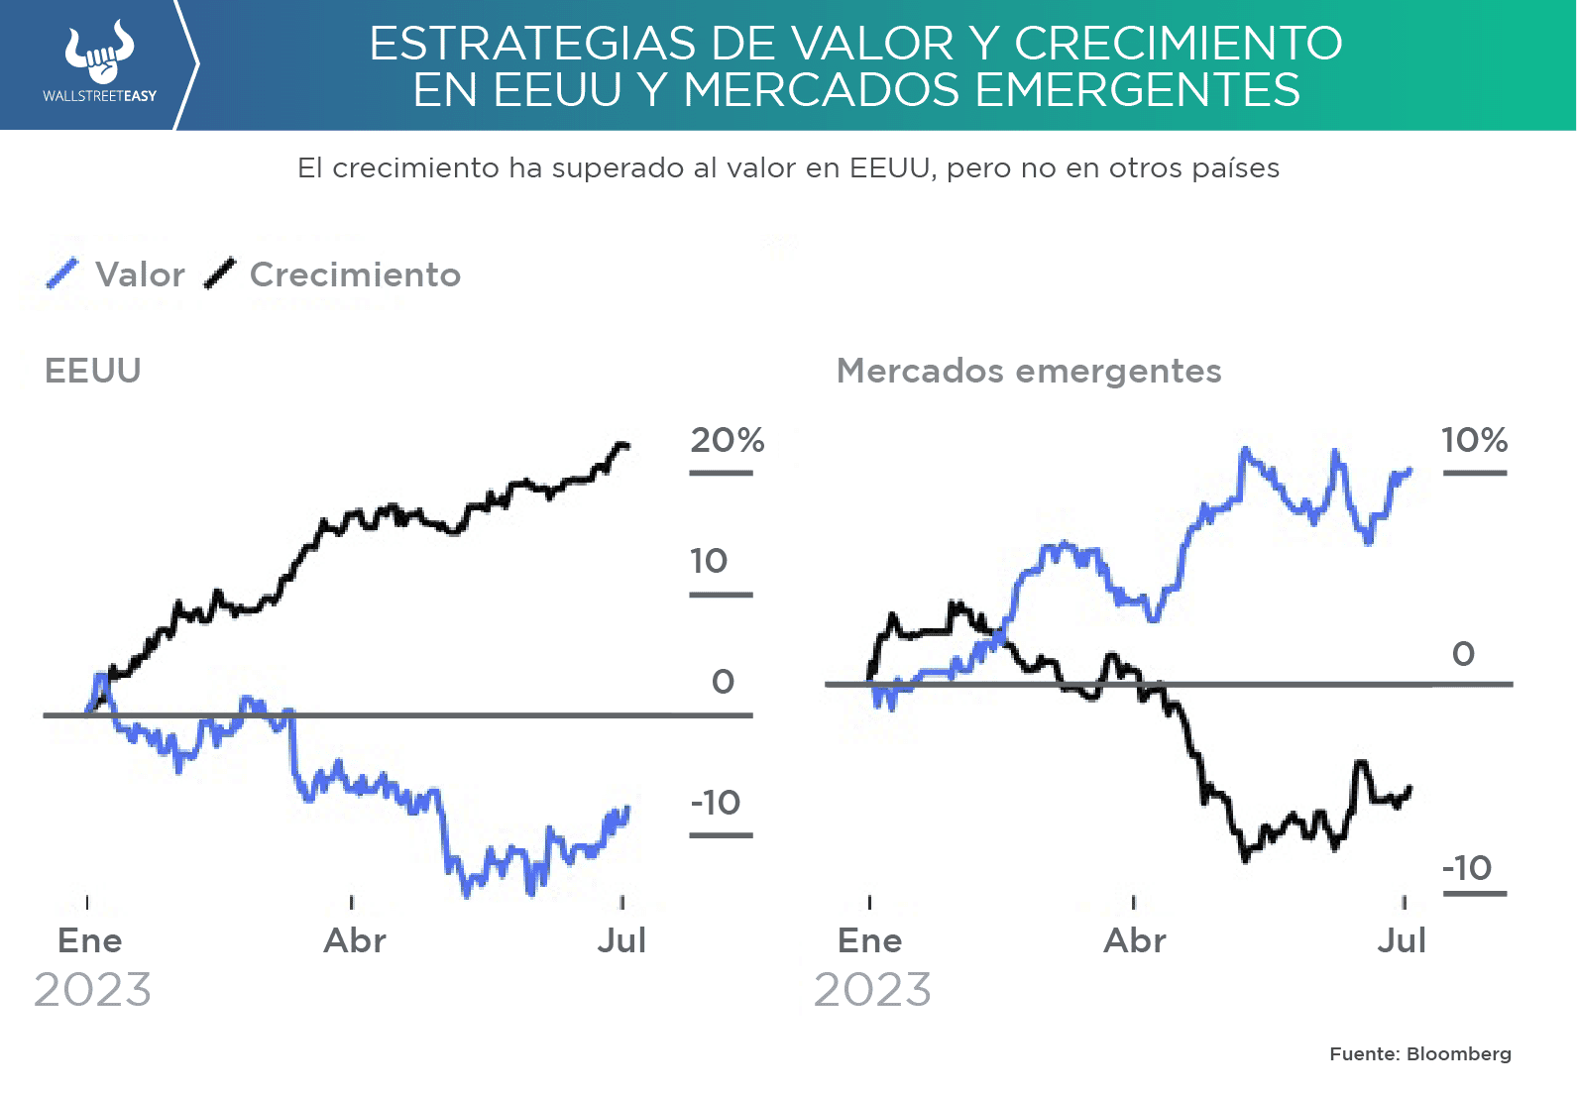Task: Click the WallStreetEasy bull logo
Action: tap(99, 54)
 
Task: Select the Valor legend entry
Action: tap(117, 274)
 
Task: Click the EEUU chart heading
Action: tap(93, 371)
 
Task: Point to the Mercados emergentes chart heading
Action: tap(1029, 371)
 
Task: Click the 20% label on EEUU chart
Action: tap(727, 440)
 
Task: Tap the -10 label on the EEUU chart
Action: tap(716, 803)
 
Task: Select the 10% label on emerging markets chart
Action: tap(1474, 440)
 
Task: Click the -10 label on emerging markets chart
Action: tap(1467, 868)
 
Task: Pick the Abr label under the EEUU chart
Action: tap(355, 940)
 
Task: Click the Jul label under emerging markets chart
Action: tap(1402, 940)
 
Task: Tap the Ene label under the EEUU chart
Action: tap(90, 940)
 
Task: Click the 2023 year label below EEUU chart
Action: tap(92, 990)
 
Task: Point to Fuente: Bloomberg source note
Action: tap(1419, 1054)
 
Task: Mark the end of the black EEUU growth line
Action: tap(625, 447)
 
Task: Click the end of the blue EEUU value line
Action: tap(626, 810)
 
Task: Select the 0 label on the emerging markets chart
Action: tap(1463, 654)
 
